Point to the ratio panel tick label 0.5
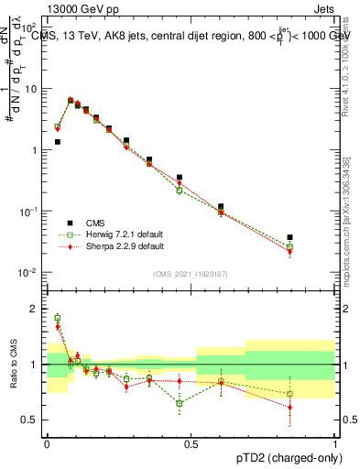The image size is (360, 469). (x=32, y=420)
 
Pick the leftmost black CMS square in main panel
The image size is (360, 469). (x=57, y=142)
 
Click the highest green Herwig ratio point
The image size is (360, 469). (x=57, y=317)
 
